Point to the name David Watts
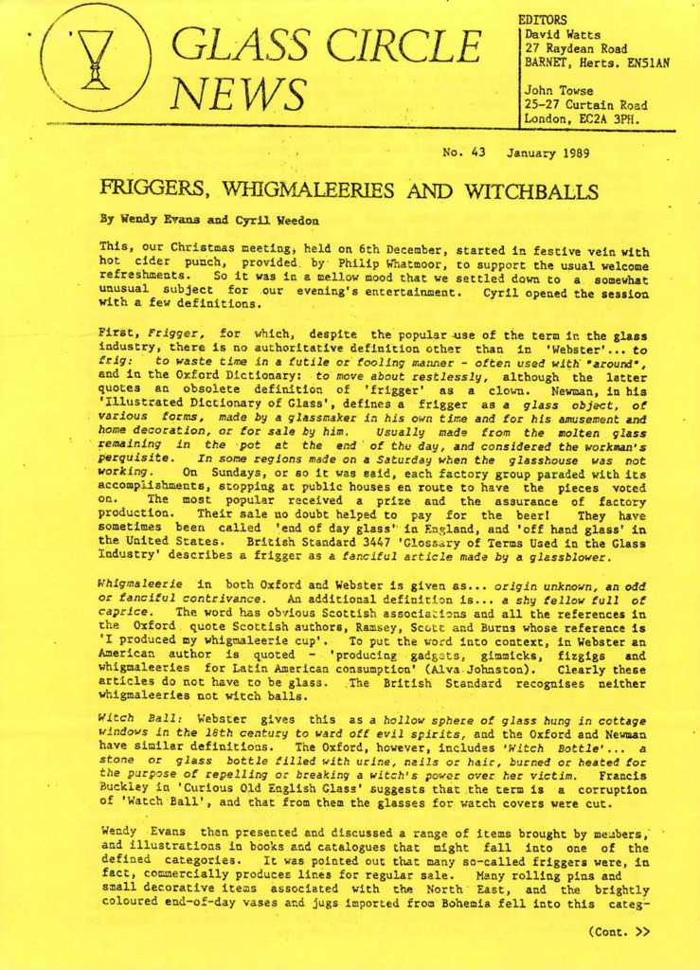pyautogui.click(x=559, y=34)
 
